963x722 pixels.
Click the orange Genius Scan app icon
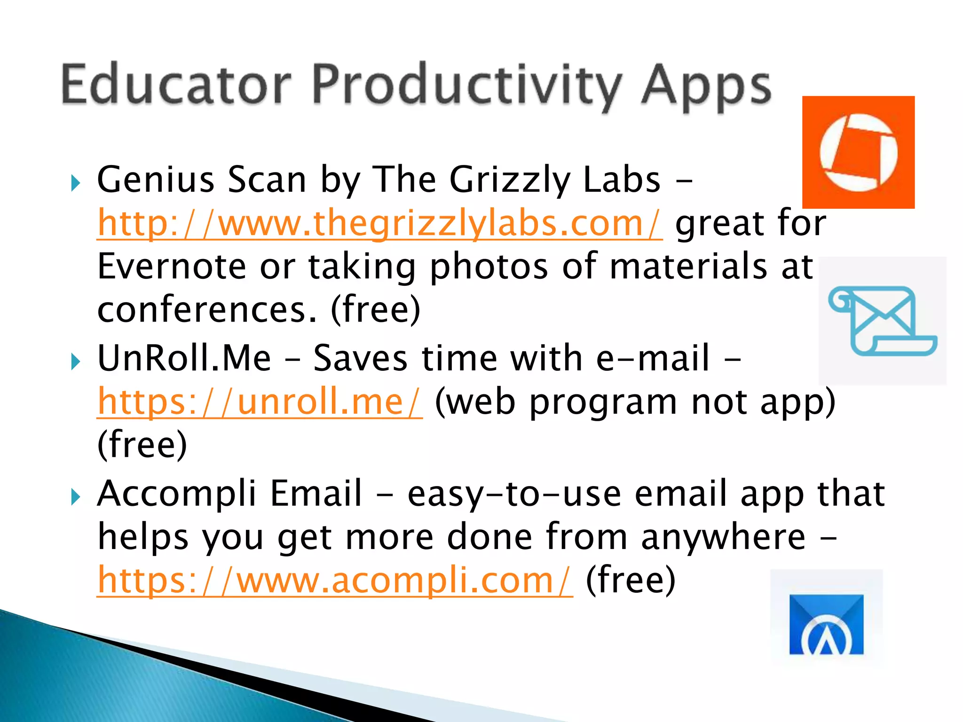tap(858, 152)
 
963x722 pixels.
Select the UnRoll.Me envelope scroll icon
tap(883, 321)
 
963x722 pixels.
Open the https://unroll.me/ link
tap(260, 402)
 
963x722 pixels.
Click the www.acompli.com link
tap(335, 581)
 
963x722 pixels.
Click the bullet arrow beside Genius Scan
tap(75, 183)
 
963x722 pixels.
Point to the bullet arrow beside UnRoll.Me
tap(75, 361)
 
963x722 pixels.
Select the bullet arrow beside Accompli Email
tap(75, 496)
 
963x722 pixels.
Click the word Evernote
tap(172, 267)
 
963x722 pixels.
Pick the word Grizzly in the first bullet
tap(510, 181)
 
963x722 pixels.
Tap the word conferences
tap(207, 310)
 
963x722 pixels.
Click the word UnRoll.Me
tap(184, 358)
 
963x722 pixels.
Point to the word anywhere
tap(723, 537)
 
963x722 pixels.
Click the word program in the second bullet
tap(603, 403)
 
